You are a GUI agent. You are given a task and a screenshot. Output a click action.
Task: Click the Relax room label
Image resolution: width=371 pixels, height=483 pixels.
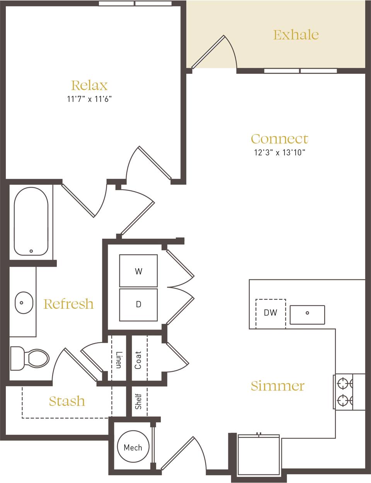(89, 85)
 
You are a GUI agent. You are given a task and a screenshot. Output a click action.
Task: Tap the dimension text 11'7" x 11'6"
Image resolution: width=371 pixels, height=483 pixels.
(89, 99)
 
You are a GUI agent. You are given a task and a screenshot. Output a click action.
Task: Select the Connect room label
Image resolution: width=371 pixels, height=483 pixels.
(279, 139)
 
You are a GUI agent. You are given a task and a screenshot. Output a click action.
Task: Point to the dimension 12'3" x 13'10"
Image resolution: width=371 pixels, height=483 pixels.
(279, 152)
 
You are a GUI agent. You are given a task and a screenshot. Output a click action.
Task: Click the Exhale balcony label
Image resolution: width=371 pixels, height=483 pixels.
(296, 35)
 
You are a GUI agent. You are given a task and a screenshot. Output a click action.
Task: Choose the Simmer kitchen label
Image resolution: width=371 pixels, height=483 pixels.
(277, 386)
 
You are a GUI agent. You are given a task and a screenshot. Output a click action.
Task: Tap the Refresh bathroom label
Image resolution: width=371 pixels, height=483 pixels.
(68, 304)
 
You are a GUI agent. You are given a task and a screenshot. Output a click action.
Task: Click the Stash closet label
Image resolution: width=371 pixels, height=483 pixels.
(67, 401)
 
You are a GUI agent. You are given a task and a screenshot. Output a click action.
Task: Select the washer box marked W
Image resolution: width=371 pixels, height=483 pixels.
(138, 271)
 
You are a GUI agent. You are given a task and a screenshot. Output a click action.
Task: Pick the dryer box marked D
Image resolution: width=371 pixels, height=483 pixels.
(138, 304)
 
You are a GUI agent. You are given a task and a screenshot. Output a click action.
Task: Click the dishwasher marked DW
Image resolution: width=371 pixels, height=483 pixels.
(271, 313)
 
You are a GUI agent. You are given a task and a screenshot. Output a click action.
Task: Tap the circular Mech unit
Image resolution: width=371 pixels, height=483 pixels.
(133, 447)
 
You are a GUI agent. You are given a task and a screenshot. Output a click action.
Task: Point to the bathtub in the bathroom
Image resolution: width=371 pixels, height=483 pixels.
(31, 221)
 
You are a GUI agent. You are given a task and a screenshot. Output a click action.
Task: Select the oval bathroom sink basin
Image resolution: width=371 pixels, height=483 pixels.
(24, 303)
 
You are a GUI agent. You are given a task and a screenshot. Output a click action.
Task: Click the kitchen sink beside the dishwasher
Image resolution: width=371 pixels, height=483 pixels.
(307, 315)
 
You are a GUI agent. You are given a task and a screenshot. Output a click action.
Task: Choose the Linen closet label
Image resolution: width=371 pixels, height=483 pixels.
(119, 359)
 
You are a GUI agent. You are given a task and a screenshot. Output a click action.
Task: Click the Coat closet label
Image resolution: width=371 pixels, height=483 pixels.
(138, 360)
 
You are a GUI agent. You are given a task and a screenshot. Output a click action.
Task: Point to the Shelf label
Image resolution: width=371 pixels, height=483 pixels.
(138, 401)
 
